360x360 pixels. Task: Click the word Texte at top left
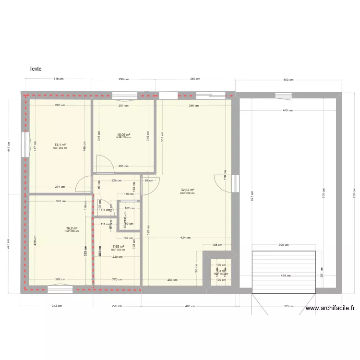point(35,69)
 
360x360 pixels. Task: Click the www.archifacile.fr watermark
point(330,309)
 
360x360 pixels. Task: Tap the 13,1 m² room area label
point(60,145)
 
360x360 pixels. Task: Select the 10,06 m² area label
point(123,135)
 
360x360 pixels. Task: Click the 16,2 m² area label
point(72,228)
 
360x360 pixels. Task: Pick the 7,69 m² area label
point(118,247)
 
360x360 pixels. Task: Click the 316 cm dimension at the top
point(59,79)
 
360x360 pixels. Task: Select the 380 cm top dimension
point(194,79)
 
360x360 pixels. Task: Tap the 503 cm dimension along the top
point(288,80)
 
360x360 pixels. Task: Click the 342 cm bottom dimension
point(56,306)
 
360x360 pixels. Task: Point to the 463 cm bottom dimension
point(190,306)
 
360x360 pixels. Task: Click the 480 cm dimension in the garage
point(288,111)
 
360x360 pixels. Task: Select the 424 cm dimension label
point(185,238)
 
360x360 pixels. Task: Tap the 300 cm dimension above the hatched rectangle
point(284,245)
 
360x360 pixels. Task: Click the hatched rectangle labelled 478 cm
point(284,272)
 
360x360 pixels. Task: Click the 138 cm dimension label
point(217,245)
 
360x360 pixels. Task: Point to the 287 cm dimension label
point(172,280)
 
